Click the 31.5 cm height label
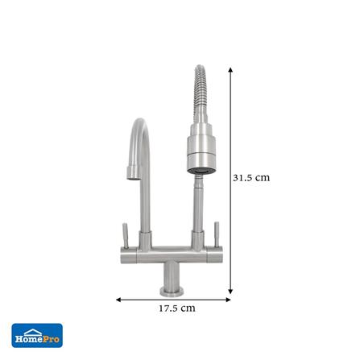[250, 178]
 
